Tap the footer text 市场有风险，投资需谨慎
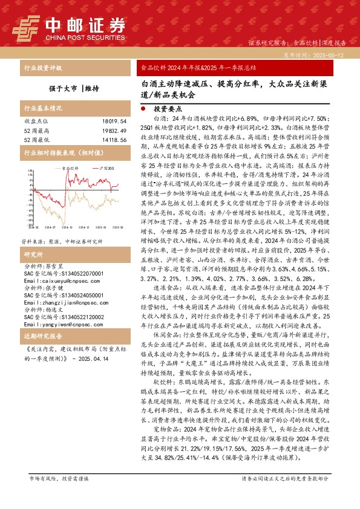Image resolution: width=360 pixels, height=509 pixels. [x=59, y=494]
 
